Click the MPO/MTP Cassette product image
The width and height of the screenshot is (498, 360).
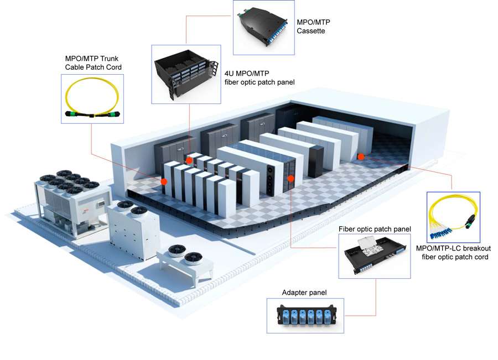point(263,28)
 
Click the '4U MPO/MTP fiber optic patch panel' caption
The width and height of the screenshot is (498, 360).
point(259,77)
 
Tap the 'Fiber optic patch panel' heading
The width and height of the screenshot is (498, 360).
point(375,228)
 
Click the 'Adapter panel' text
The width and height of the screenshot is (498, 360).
point(304,293)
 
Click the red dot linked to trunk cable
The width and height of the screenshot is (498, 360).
point(164,181)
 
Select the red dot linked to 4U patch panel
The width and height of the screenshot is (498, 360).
point(189,160)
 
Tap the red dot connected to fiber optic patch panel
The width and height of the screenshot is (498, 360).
point(291,179)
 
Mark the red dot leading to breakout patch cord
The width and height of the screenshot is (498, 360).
point(361,156)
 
